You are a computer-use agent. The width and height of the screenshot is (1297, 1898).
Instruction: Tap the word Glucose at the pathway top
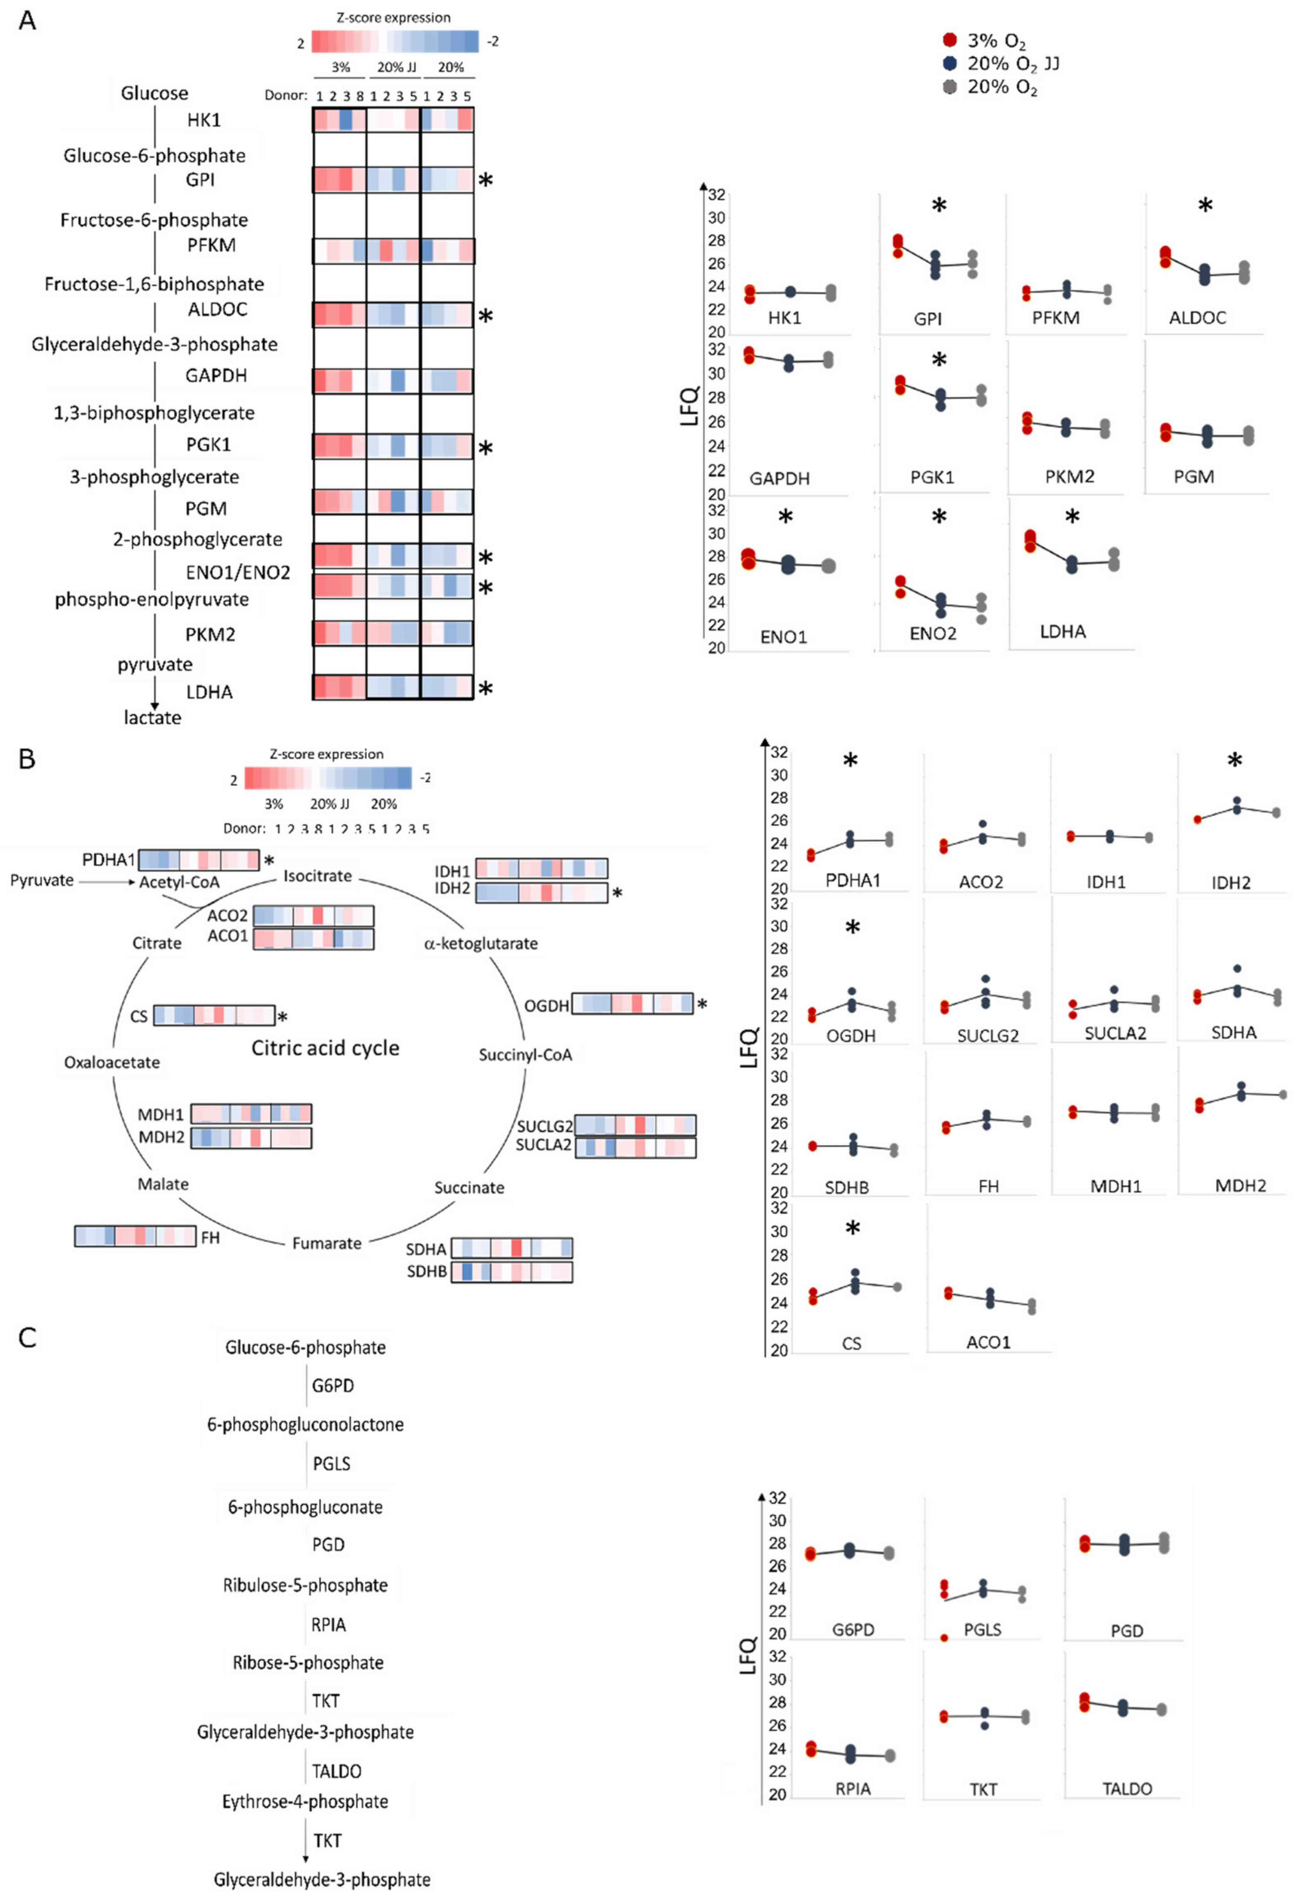coord(154,93)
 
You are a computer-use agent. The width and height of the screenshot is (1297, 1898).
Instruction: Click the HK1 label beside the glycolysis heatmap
coord(203,120)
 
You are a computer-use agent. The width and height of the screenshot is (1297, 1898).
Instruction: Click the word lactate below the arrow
coord(153,718)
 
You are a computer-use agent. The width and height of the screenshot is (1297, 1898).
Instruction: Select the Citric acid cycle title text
coord(325,1048)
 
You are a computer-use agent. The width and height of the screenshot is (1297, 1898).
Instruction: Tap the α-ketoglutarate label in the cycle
coord(480,943)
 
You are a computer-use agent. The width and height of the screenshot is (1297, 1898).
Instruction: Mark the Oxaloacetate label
coord(112,1063)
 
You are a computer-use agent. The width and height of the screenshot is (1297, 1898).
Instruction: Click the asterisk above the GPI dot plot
coord(939,206)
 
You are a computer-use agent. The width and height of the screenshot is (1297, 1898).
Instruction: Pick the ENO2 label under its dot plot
coord(933,634)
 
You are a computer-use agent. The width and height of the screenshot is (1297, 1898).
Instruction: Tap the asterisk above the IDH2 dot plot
coord(1234,761)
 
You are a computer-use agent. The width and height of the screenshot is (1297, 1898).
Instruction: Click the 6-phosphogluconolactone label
coord(305,1424)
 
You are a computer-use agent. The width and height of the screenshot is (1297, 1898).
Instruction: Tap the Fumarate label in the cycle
coord(327,1243)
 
